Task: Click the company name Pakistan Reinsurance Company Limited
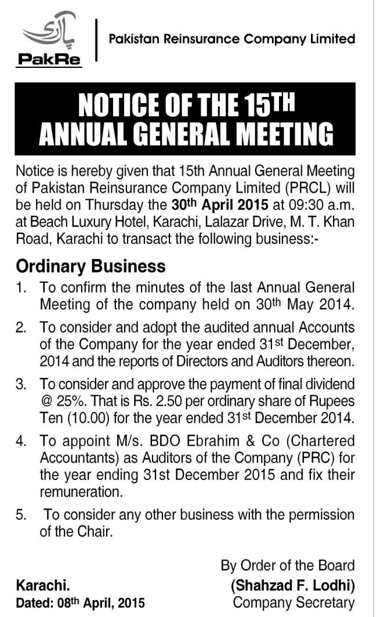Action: pyautogui.click(x=228, y=39)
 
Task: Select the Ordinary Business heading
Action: pyautogui.click(x=91, y=266)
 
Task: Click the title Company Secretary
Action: pyautogui.click(x=293, y=602)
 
